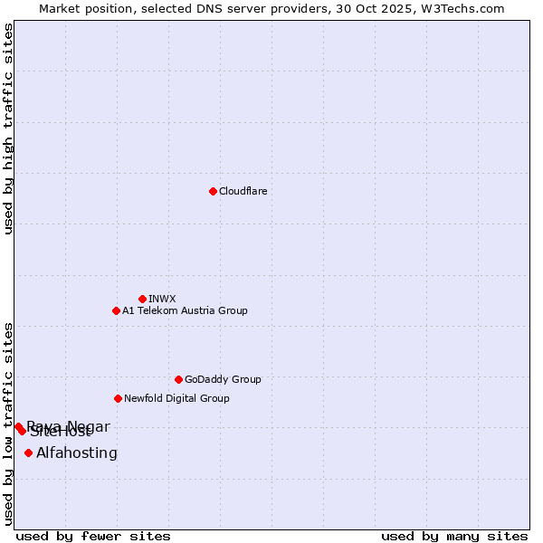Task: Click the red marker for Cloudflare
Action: (x=213, y=191)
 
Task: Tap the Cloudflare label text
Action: (x=243, y=191)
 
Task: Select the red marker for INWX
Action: (x=142, y=299)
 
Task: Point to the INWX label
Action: (x=162, y=299)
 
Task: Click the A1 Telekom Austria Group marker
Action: (x=116, y=310)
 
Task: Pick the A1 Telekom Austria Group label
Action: (x=185, y=310)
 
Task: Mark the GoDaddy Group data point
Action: (x=178, y=379)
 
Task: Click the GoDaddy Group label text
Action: (x=222, y=379)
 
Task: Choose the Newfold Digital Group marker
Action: (x=118, y=398)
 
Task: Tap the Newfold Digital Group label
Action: (x=176, y=398)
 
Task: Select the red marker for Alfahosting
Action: (x=29, y=452)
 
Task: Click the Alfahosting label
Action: (x=77, y=452)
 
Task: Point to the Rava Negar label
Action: (x=69, y=425)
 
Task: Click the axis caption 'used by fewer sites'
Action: (x=93, y=536)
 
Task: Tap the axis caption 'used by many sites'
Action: (x=454, y=536)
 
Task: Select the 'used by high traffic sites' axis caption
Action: (x=8, y=129)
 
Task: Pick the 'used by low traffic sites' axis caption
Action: (x=8, y=423)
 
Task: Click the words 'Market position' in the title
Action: (x=80, y=8)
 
